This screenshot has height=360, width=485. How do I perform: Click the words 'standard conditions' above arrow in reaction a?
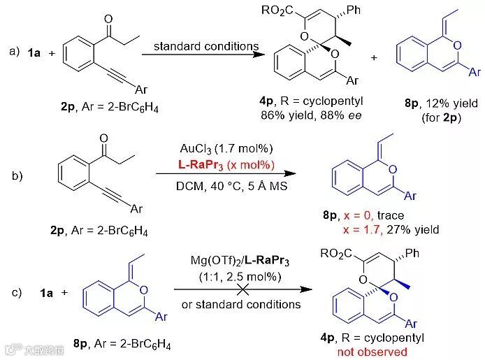[x=206, y=47]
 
